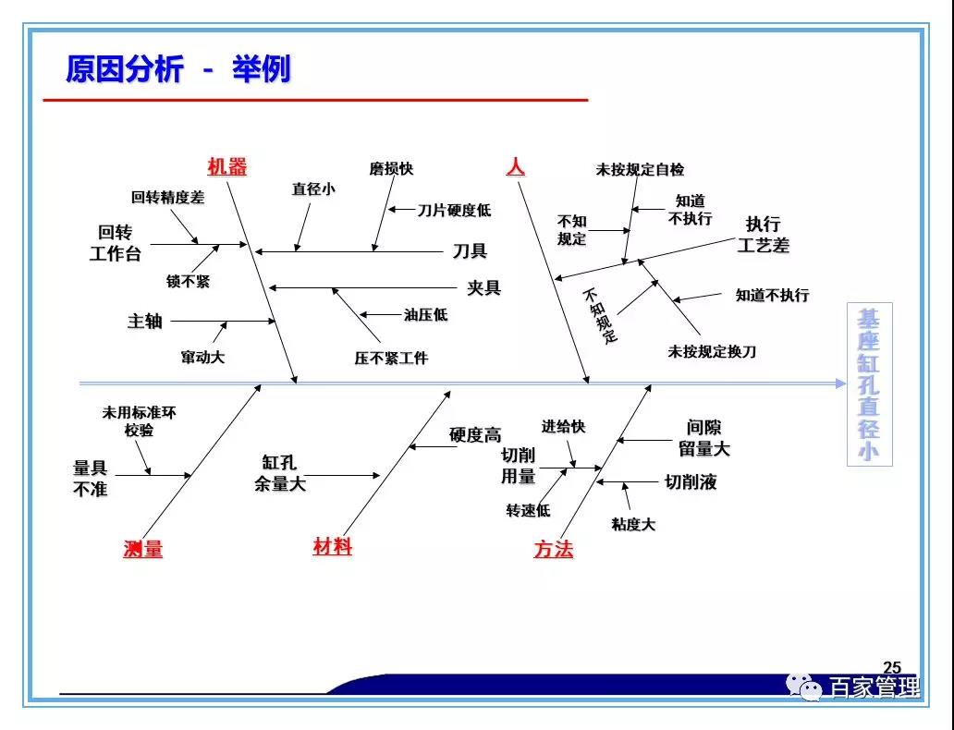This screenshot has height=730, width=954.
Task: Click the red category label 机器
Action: coord(226,167)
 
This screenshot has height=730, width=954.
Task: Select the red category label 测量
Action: coord(142,549)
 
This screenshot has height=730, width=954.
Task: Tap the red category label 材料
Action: coord(332,547)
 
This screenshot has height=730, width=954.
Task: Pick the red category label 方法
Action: coord(553,550)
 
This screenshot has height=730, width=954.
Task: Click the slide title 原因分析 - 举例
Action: coord(177,69)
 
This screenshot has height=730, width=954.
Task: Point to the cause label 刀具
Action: coord(470,251)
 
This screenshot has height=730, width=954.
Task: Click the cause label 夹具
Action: coord(483,288)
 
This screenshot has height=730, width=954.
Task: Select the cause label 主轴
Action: coord(145,322)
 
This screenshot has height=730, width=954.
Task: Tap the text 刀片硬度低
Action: coord(454,211)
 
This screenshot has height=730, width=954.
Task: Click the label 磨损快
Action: coord(391,169)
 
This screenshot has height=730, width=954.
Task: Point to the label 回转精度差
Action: coord(167,198)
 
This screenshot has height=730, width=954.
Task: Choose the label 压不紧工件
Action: coord(391,358)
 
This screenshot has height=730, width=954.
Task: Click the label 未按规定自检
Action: coord(640,170)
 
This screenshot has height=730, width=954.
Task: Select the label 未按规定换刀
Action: coord(712,352)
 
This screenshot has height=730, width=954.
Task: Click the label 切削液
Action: coord(691,482)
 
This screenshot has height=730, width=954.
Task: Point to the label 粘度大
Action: coord(633,525)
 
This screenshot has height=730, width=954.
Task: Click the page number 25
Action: coord(892,668)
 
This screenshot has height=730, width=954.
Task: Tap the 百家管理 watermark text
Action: coord(874,688)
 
